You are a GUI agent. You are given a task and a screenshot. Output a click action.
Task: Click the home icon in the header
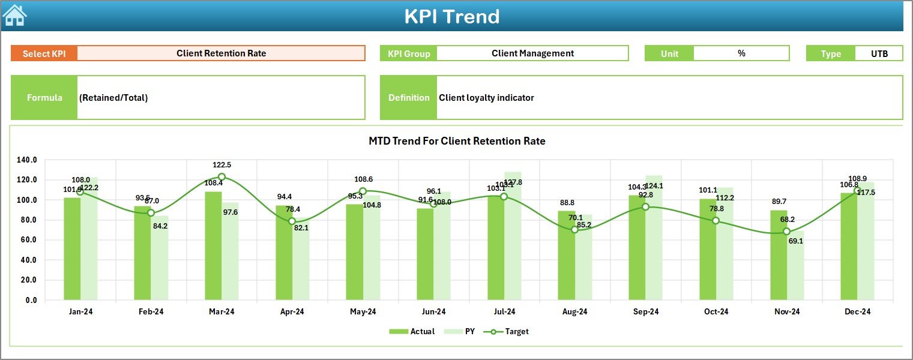click(14, 15)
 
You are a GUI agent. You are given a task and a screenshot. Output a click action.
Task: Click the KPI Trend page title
click(451, 16)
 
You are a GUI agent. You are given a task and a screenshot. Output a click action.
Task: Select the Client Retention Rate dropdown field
click(221, 53)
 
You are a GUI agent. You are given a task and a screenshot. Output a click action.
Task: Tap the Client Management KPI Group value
click(532, 53)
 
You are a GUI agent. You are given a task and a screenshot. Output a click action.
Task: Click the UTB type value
click(879, 53)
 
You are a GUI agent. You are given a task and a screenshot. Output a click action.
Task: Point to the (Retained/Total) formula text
click(113, 98)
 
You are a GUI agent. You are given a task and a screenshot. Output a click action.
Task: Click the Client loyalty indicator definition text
click(486, 98)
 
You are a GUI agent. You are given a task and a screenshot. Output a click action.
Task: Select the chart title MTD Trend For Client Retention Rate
click(457, 141)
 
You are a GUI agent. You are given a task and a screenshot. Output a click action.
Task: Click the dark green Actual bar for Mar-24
click(213, 246)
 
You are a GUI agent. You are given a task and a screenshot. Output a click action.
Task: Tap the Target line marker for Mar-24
click(221, 177)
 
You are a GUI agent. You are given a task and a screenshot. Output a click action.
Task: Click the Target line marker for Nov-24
click(786, 232)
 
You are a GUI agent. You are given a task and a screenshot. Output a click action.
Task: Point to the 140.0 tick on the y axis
click(26, 160)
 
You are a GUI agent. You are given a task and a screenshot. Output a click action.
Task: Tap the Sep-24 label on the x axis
click(646, 312)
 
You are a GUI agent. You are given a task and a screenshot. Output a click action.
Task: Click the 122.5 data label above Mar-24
click(221, 165)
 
